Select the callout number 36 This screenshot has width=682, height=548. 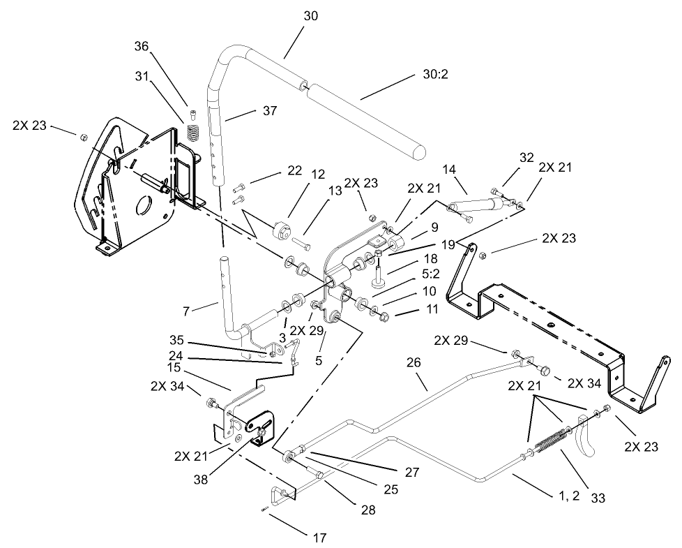[x=142, y=47]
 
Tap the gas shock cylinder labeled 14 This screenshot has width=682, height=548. [x=477, y=205]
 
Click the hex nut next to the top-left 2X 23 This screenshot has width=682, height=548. [x=83, y=136]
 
